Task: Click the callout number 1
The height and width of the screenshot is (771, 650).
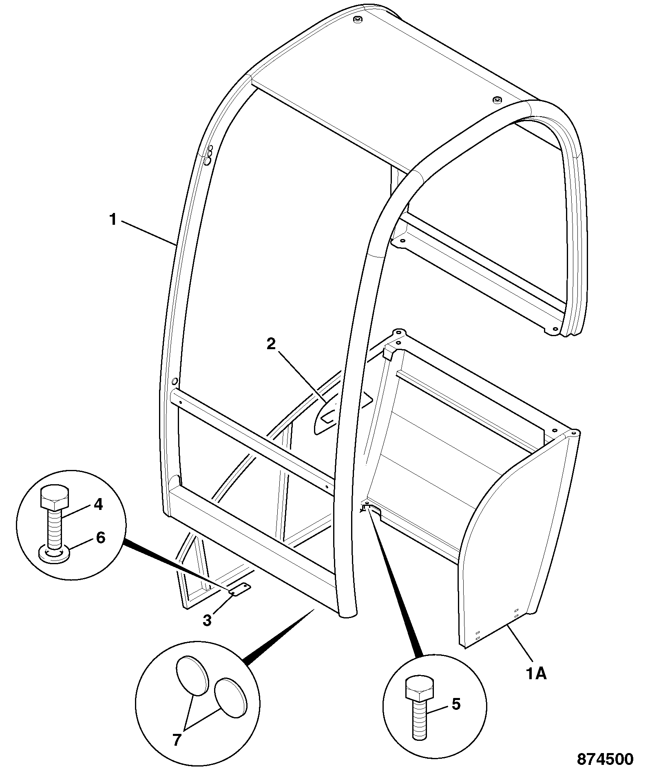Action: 113,220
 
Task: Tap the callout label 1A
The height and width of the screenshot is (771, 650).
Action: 536,674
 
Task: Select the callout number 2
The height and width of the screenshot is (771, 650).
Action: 271,344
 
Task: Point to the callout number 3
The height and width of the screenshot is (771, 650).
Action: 207,620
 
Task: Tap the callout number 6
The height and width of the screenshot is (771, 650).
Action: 100,538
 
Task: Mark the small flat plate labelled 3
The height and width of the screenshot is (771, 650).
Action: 239,589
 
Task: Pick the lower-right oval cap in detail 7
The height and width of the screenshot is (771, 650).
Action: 230,700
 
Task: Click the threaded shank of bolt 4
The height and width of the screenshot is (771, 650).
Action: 54,528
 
